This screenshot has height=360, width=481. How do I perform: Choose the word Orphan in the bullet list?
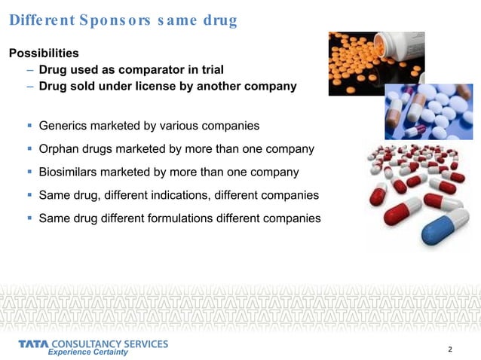(x=61, y=148)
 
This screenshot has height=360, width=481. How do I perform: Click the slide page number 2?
(x=450, y=349)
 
